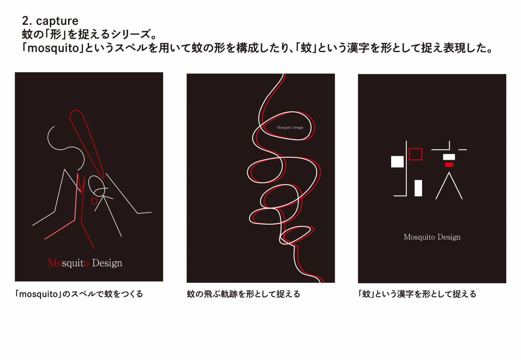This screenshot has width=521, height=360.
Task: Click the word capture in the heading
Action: click(x=57, y=22)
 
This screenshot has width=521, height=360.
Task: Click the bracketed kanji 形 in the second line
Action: click(x=56, y=34)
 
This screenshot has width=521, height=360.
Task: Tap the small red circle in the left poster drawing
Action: click(x=94, y=201)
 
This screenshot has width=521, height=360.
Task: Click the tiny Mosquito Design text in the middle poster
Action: click(x=290, y=127)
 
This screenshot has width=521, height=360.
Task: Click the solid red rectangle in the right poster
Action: click(x=449, y=165)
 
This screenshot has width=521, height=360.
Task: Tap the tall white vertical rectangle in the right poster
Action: click(x=418, y=188)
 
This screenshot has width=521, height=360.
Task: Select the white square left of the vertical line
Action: click(x=397, y=161)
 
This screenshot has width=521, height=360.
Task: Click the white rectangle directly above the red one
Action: click(x=449, y=157)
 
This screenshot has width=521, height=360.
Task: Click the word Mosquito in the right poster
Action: click(x=419, y=237)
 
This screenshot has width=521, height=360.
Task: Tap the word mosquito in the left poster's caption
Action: click(x=38, y=294)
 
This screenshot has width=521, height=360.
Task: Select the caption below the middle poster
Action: click(x=243, y=294)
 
